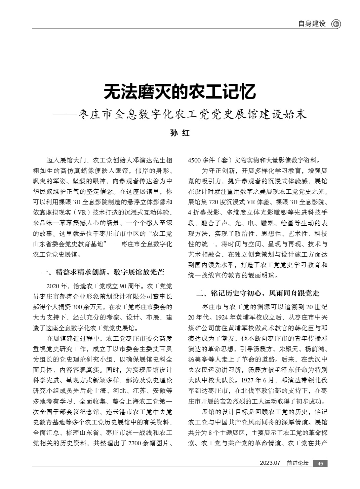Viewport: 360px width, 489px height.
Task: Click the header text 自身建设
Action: coord(312,24)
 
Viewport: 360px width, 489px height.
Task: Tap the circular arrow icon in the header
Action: coord(336,24)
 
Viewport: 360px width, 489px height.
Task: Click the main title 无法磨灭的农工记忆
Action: coord(180,92)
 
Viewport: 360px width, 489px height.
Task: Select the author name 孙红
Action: coord(180,133)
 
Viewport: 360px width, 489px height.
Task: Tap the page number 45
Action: coord(320,463)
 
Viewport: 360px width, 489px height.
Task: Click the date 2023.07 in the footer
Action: coord(270,463)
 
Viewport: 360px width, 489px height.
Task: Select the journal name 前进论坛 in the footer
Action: coord(297,463)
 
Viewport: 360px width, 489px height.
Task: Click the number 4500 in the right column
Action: coord(194,160)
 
